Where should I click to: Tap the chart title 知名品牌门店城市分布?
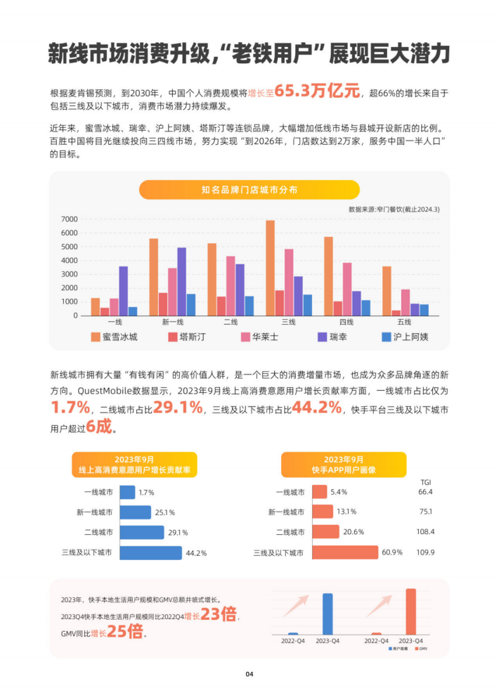tap(249, 190)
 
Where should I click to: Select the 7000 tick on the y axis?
tap(69, 219)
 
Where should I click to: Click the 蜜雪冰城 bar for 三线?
tap(270, 268)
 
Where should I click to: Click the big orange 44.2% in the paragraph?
tap(314, 408)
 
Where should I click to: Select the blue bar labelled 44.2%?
tap(150, 552)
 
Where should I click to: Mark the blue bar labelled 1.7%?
tap(127, 492)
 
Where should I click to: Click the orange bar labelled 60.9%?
tap(344, 552)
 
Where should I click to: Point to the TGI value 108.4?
tap(425, 532)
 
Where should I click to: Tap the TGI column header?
tap(425, 481)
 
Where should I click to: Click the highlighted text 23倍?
tap(219, 615)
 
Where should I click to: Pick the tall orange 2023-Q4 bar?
tap(411, 611)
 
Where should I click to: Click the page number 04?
tap(249, 674)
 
